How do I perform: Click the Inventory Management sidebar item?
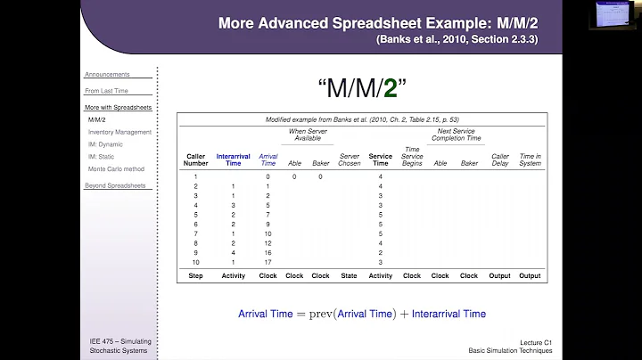(x=119, y=132)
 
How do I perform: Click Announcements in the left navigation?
(x=106, y=74)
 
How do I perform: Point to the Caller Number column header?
(x=195, y=160)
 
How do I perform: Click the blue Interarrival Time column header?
(x=234, y=160)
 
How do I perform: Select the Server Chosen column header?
(x=349, y=160)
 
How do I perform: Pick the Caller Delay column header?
(x=499, y=160)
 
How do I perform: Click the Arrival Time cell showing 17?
(x=267, y=263)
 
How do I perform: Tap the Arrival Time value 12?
(x=267, y=242)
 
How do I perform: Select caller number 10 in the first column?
(x=195, y=263)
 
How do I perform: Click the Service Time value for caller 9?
(x=381, y=252)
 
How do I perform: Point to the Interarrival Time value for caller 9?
(x=234, y=252)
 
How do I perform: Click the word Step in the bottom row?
(x=195, y=276)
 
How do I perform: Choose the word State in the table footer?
(x=349, y=276)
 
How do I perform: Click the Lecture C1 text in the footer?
(x=537, y=341)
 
